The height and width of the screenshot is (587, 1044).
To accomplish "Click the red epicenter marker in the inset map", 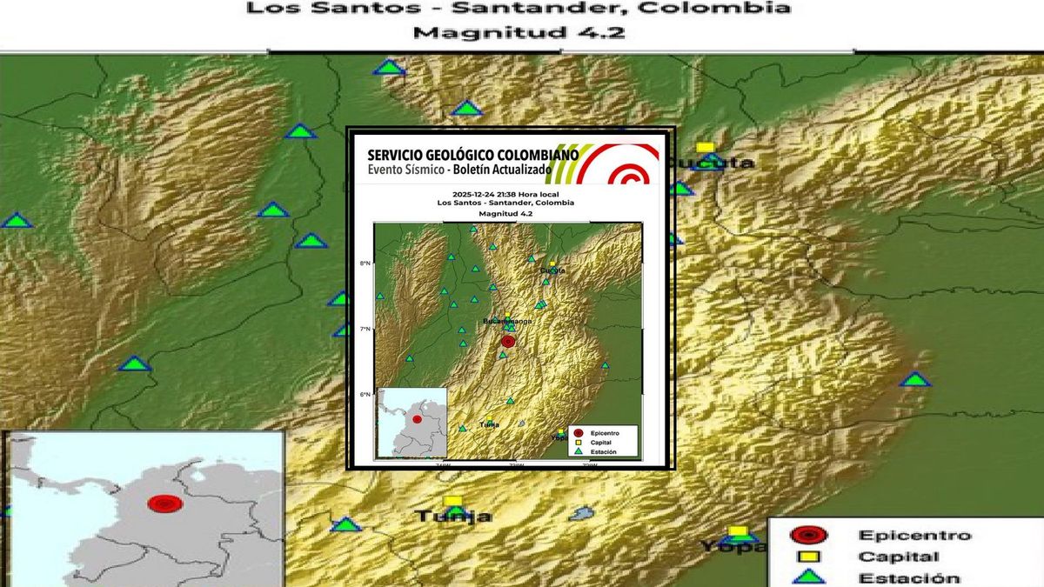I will click(508, 343).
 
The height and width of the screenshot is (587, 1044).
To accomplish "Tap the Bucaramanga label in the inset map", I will click(507, 322).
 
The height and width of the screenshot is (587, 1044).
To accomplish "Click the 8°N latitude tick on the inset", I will click(365, 263).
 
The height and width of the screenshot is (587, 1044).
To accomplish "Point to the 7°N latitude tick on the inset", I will click(365, 329).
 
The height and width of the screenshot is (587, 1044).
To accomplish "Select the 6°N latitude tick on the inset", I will click(365, 395).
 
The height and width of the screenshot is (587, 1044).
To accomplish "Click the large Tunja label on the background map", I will click(452, 517).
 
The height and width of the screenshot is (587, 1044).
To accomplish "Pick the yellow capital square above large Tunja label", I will click(453, 501).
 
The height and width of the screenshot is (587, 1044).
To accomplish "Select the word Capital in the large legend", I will click(899, 557).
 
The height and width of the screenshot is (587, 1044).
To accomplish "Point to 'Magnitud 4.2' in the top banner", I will click(519, 34).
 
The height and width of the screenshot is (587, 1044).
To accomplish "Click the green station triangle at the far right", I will click(914, 379).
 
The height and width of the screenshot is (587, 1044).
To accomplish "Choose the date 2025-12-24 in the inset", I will click(469, 194).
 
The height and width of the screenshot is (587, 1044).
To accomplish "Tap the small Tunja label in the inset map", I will click(490, 425).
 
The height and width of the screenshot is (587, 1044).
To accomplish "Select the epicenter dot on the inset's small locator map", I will click(418, 420).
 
